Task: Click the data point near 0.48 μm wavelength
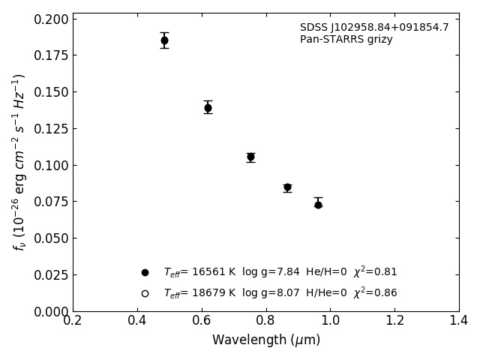(164, 40)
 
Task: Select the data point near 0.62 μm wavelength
(208, 108)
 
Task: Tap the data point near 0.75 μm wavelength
(250, 157)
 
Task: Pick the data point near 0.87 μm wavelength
(287, 187)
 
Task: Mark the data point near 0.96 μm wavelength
(318, 204)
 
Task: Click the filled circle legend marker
(145, 272)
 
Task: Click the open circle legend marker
(145, 293)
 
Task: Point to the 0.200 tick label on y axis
(49, 19)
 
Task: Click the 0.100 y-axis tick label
(49, 165)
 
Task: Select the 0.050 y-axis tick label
(49, 238)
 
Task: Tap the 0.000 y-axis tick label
(49, 311)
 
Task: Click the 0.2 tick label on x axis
(73, 321)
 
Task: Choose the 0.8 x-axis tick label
(266, 321)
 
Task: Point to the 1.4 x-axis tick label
(459, 321)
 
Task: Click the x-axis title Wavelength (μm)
(266, 340)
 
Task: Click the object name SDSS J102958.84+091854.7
(374, 28)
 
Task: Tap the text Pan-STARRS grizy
(346, 40)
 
